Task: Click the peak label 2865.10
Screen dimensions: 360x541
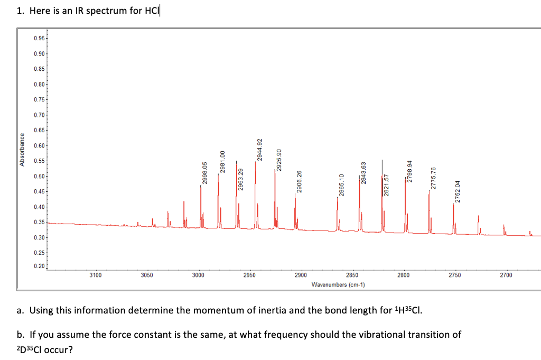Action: [341, 185]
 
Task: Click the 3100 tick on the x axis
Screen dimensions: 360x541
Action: [95, 275]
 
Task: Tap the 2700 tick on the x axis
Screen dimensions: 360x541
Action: [506, 275]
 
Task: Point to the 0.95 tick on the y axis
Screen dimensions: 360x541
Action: [39, 39]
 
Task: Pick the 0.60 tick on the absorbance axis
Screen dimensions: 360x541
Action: [39, 146]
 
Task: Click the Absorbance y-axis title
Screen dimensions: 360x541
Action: [22, 150]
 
